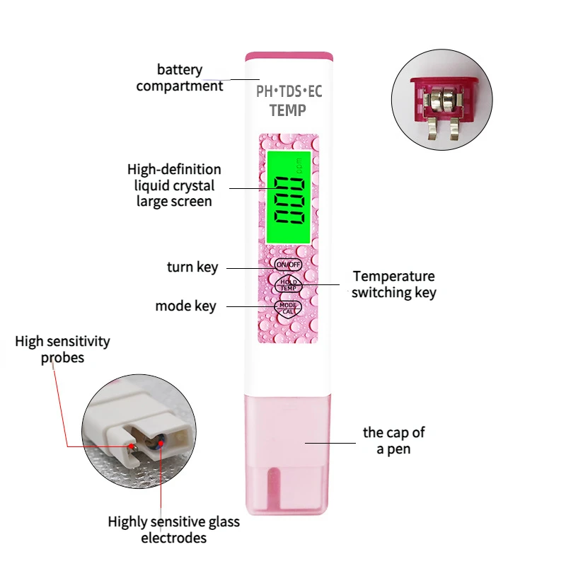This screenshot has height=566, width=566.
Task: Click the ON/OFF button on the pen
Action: (288, 264)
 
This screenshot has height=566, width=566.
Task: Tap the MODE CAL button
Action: (288, 308)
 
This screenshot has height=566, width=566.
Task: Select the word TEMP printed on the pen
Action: (288, 110)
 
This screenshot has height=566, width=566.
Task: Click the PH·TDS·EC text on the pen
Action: (288, 91)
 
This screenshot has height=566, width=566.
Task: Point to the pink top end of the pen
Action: (288, 55)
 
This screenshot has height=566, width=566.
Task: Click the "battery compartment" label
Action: (180, 78)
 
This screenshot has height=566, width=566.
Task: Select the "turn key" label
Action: (192, 267)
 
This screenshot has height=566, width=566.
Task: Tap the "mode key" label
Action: (185, 306)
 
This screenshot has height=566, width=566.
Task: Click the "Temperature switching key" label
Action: (393, 284)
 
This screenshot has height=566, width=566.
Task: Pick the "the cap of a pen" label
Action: (393, 440)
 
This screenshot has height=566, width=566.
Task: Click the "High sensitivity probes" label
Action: (62, 350)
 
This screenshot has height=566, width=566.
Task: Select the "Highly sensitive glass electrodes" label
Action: (173, 530)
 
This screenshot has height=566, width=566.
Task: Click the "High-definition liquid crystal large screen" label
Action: (174, 185)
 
